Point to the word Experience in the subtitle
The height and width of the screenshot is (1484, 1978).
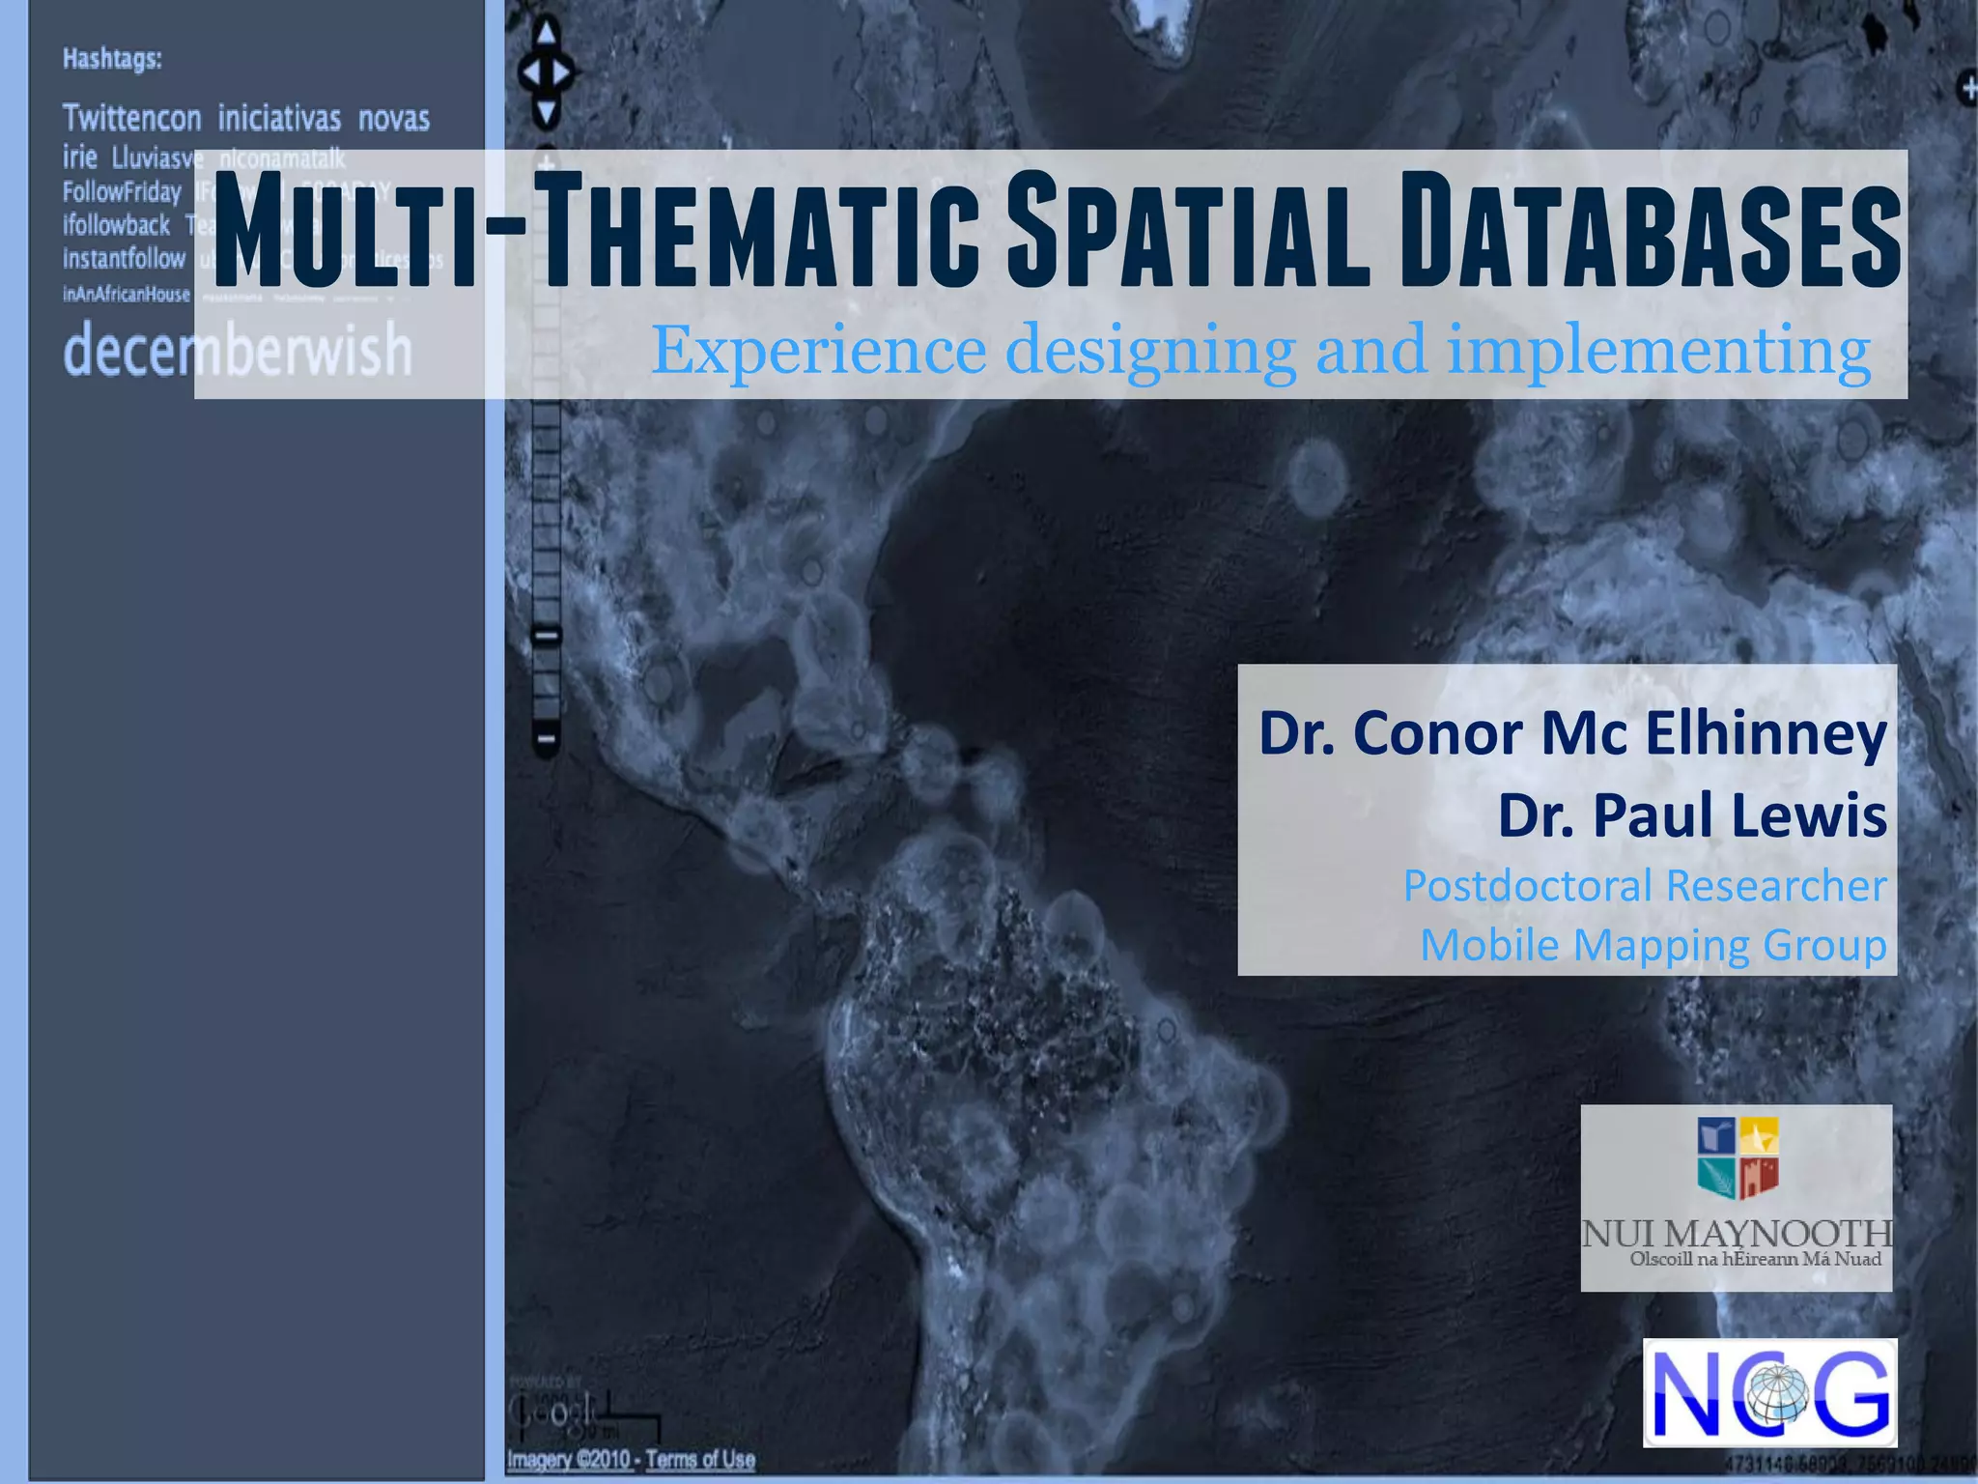pyautogui.click(x=819, y=350)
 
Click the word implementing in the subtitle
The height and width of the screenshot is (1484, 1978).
pyautogui.click(x=1657, y=350)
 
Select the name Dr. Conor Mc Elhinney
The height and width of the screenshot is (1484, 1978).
pyautogui.click(x=1571, y=733)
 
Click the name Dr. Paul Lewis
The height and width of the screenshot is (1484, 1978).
pyautogui.click(x=1691, y=815)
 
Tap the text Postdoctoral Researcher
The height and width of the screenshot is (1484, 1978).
pyautogui.click(x=1644, y=886)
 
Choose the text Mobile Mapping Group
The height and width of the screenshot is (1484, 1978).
pyautogui.click(x=1653, y=945)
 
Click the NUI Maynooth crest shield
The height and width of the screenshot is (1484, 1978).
pyautogui.click(x=1738, y=1157)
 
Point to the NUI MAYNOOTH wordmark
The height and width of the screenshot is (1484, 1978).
pyautogui.click(x=1736, y=1234)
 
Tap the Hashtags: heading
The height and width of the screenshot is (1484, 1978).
pyautogui.click(x=112, y=59)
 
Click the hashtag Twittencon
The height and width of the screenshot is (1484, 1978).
pyautogui.click(x=132, y=118)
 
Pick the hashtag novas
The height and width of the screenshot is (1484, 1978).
pyautogui.click(x=394, y=119)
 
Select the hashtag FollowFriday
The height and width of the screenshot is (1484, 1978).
pyautogui.click(x=122, y=192)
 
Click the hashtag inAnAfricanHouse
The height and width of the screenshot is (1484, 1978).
pyautogui.click(x=127, y=294)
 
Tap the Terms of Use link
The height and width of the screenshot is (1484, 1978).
pyautogui.click(x=700, y=1459)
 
